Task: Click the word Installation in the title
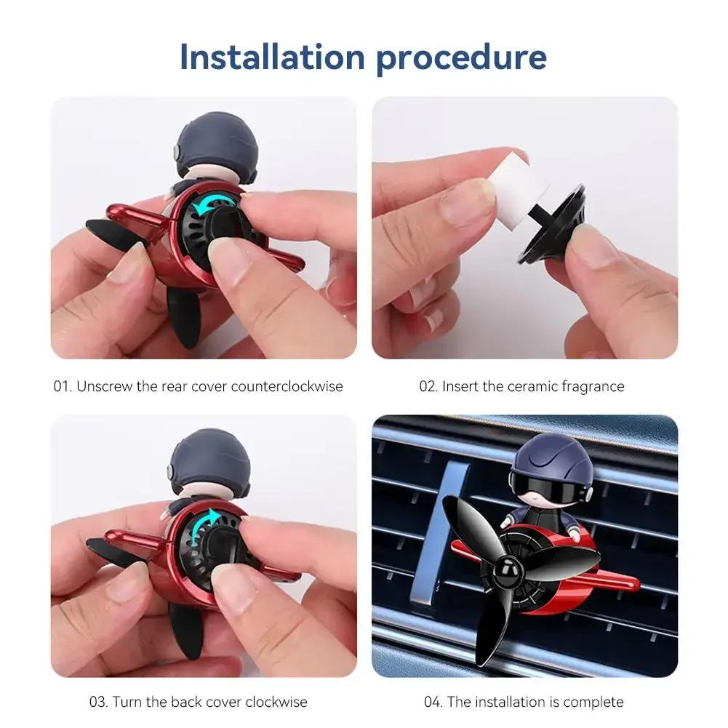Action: coord(271,57)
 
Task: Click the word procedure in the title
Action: coord(461,58)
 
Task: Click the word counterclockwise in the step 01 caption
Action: coord(287,386)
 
